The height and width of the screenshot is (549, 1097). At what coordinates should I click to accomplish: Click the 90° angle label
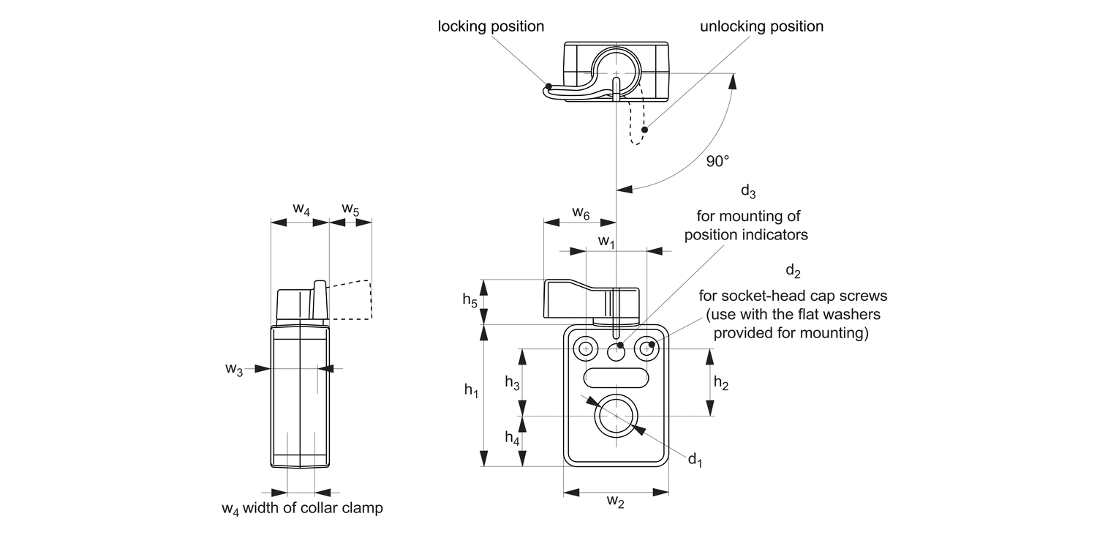[x=717, y=162]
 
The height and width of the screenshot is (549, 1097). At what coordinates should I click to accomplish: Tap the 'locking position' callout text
[x=491, y=26]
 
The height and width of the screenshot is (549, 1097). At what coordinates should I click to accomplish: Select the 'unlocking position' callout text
[x=761, y=26]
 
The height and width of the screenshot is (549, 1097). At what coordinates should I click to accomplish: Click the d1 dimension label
[x=694, y=460]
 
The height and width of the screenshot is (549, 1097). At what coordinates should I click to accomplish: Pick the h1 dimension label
[x=472, y=392]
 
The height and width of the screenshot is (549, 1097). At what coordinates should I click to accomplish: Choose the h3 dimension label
[x=513, y=381]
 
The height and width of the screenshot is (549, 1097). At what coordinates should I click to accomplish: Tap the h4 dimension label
[x=513, y=438]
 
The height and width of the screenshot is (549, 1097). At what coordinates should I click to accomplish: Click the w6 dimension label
[x=581, y=213]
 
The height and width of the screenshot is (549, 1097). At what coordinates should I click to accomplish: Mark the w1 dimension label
[x=606, y=240]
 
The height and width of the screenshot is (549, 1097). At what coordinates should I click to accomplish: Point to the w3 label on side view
[x=234, y=370]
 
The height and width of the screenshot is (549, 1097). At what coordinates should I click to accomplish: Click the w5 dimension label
[x=350, y=209]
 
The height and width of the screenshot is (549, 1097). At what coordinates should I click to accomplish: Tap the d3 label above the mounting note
[x=747, y=192]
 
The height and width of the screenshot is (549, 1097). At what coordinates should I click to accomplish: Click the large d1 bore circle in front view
[x=617, y=416]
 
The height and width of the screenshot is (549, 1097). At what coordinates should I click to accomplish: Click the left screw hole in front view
[x=585, y=348]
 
